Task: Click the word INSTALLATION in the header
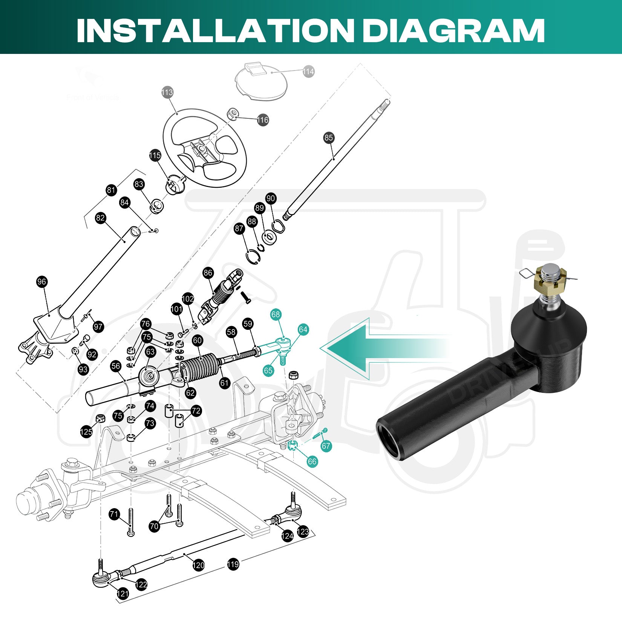(x=215, y=30)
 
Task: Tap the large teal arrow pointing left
(x=377, y=349)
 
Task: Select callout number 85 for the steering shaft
(x=329, y=138)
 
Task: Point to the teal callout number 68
(x=276, y=314)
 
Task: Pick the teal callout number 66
(x=312, y=461)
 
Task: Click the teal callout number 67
(x=326, y=446)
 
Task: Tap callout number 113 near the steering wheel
(x=167, y=92)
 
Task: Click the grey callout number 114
(x=308, y=72)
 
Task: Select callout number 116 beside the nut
(x=263, y=120)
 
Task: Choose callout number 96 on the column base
(x=42, y=282)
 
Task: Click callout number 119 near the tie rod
(x=233, y=564)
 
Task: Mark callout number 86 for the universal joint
(x=208, y=273)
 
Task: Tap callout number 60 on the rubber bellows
(x=198, y=340)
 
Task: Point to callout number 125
(x=86, y=432)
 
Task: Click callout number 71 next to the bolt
(x=114, y=514)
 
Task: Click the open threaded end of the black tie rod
(x=390, y=441)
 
